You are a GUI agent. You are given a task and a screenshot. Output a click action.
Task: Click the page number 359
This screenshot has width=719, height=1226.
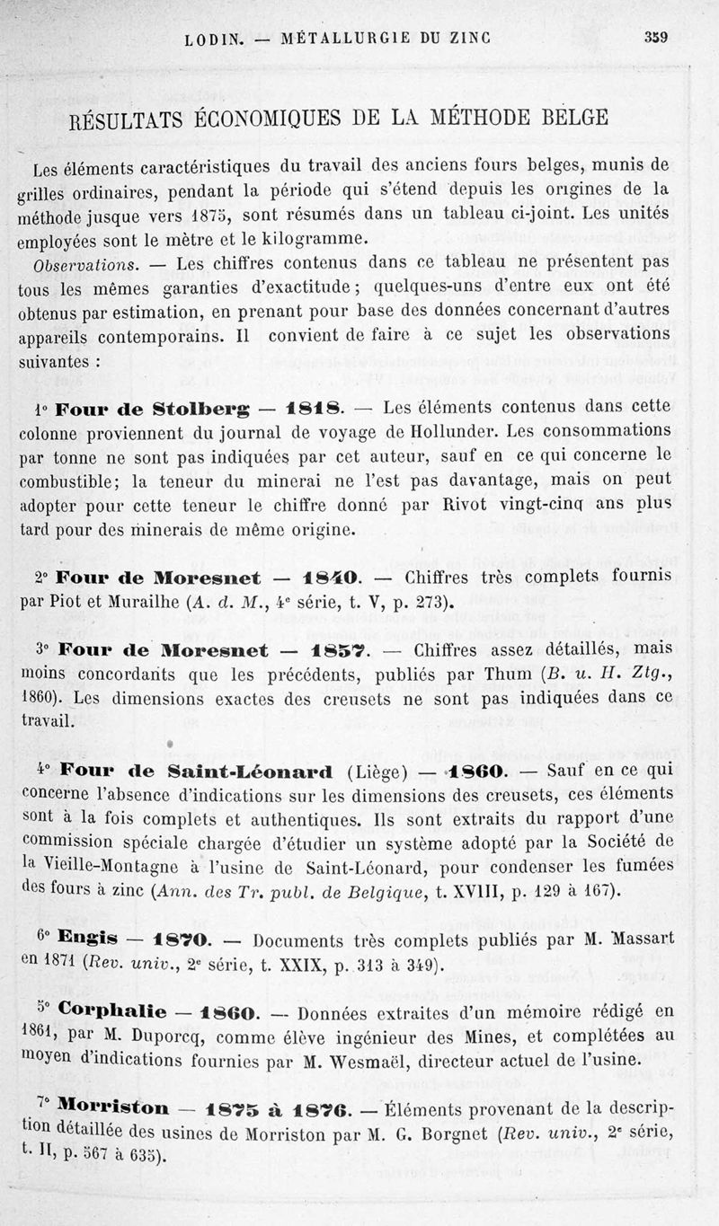coord(661,37)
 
